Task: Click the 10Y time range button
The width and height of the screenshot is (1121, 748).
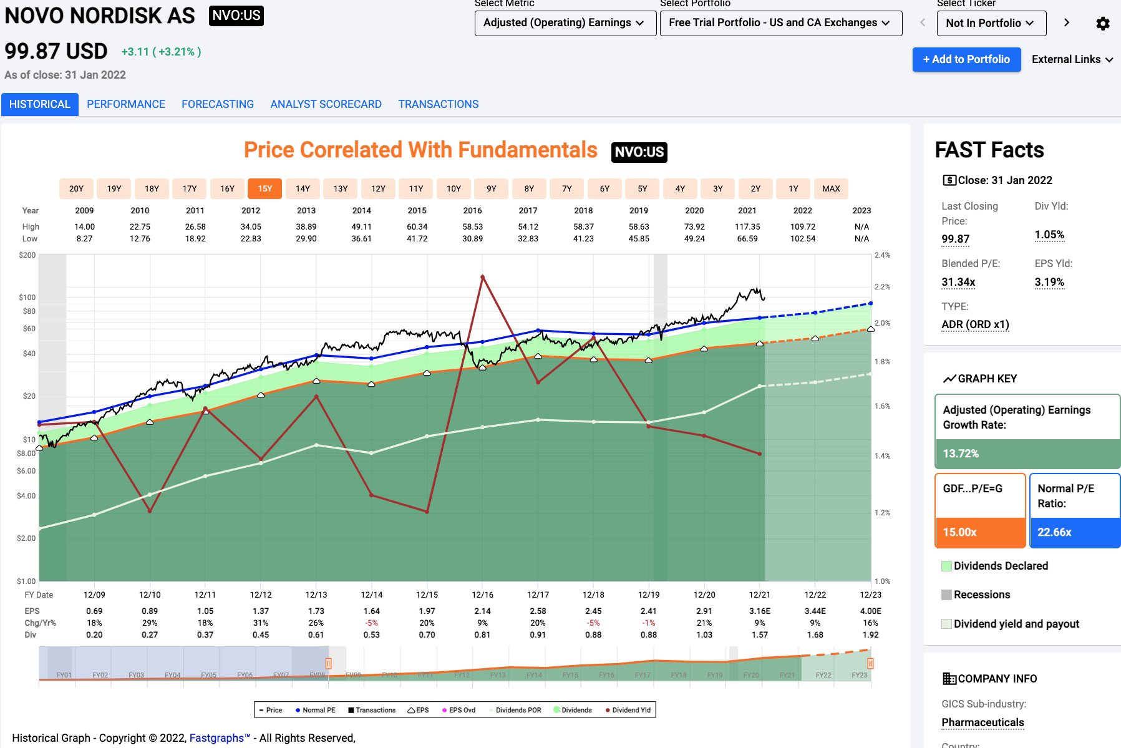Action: coord(454,188)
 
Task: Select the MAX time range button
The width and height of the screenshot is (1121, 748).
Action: coord(831,188)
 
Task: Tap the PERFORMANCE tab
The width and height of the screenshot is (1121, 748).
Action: coord(126,104)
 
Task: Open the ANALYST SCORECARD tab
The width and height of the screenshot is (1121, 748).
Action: coord(326,104)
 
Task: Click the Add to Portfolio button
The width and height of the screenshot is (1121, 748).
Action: coord(966,59)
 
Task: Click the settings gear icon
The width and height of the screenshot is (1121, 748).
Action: coord(1102,24)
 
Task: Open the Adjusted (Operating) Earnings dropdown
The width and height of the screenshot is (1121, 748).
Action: coord(565,23)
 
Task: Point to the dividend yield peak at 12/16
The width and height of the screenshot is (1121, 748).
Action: coord(482,276)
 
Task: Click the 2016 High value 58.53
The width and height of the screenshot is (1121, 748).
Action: coord(472,227)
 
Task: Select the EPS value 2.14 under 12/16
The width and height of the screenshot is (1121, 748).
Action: coord(482,611)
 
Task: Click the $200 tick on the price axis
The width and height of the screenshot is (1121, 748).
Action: coord(27,255)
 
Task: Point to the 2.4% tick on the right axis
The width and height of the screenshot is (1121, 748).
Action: coord(882,255)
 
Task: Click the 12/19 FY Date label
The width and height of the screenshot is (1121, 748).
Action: coord(649,595)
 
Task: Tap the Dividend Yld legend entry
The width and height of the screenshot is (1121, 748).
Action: coord(628,710)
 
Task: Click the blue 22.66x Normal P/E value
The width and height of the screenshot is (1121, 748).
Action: coord(1054,532)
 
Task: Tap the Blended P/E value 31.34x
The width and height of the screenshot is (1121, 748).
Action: coord(958,282)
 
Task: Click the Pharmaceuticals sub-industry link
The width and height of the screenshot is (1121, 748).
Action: coord(983,722)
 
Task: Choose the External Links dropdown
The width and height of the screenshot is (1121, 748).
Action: coord(1072,59)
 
